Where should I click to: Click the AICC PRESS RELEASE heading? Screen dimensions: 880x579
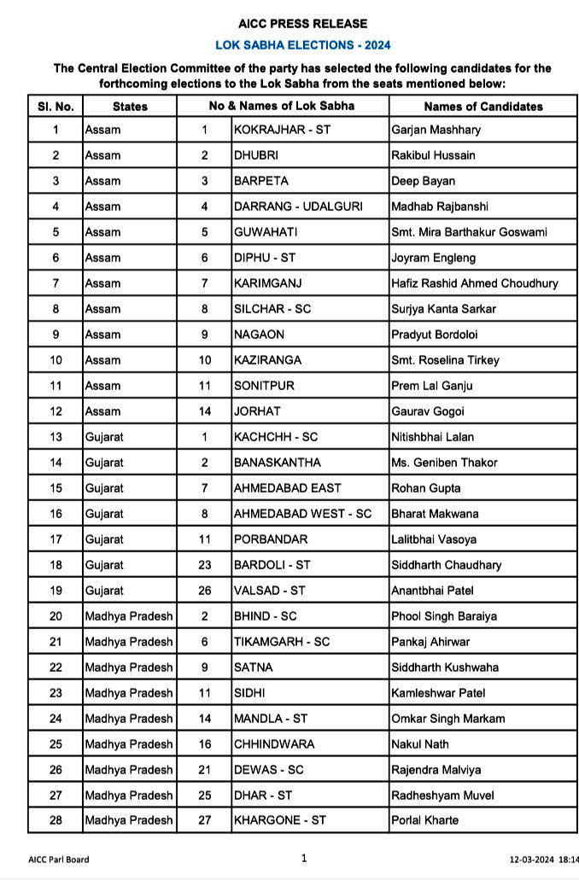tap(303, 24)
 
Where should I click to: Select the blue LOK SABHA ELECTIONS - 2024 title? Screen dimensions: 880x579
tap(303, 45)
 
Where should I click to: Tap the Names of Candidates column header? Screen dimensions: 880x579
tap(482, 107)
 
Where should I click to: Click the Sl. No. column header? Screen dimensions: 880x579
tap(56, 107)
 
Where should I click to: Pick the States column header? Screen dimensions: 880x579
tap(130, 107)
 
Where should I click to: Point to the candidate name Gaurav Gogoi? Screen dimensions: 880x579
tap(428, 411)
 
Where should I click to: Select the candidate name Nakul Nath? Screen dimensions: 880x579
tap(420, 744)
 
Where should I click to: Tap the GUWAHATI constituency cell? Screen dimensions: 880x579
tap(264, 232)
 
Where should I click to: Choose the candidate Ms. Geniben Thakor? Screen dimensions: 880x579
tap(444, 463)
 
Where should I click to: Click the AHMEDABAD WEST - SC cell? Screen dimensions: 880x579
tap(302, 514)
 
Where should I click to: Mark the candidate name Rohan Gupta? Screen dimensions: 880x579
tap(425, 488)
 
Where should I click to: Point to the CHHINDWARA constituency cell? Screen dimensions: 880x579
tap(274, 744)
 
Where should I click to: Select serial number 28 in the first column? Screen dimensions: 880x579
tap(56, 820)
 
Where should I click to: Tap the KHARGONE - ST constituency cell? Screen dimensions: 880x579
tap(279, 820)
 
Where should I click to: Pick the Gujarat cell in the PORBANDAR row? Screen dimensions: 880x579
tap(104, 539)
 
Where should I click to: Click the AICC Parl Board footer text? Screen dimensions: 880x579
tap(58, 860)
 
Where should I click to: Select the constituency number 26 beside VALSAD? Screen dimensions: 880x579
tap(205, 591)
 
